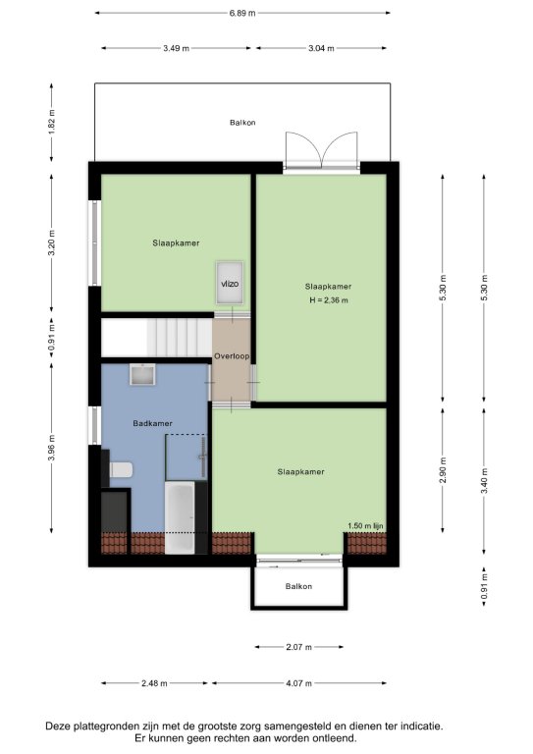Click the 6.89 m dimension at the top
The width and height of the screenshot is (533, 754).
pyautogui.click(x=242, y=13)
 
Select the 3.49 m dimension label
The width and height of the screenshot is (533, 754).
pyautogui.click(x=176, y=48)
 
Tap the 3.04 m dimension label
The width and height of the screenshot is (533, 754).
pyautogui.click(x=321, y=48)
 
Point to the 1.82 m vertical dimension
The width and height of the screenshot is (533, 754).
pyautogui.click(x=52, y=123)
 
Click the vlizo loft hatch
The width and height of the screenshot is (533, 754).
pyautogui.click(x=230, y=283)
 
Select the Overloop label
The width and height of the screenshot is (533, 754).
pyautogui.click(x=232, y=356)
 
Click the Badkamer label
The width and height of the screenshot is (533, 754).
pyautogui.click(x=152, y=424)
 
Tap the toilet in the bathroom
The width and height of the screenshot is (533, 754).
pyautogui.click(x=120, y=469)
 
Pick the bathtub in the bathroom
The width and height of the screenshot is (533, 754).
pyautogui.click(x=180, y=517)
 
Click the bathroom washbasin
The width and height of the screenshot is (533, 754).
pyautogui.click(x=142, y=375)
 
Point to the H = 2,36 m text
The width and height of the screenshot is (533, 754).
pyautogui.click(x=328, y=300)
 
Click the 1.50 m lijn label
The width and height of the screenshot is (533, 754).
pyautogui.click(x=365, y=526)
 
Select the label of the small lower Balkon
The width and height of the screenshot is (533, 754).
pyautogui.click(x=298, y=586)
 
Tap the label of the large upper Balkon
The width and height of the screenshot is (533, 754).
pyautogui.click(x=242, y=123)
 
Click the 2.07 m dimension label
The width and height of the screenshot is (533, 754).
pyautogui.click(x=299, y=647)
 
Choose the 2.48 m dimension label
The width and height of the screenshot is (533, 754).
pyautogui.click(x=154, y=683)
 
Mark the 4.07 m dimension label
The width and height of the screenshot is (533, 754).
pyautogui.click(x=298, y=683)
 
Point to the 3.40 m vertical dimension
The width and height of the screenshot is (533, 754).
pyautogui.click(x=485, y=481)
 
